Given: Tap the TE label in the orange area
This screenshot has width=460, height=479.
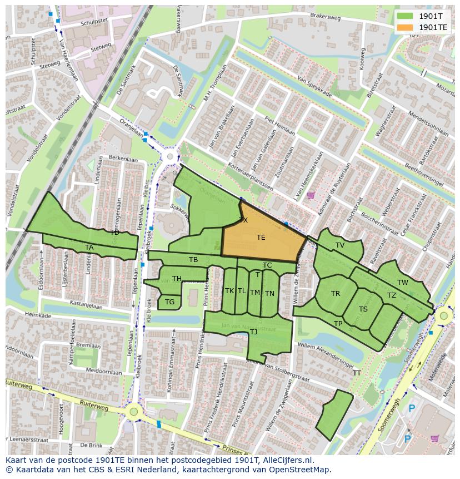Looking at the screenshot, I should coord(261,238).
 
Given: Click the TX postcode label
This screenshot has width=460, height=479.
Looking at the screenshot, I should coord(243,220).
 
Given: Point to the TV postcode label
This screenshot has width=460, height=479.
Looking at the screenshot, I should coord(340,245).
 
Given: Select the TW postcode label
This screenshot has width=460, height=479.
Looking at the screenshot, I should coord(403,283).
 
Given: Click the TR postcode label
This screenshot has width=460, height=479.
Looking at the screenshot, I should coord(336,294).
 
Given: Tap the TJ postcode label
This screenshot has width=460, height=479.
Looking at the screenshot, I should coord(253,332).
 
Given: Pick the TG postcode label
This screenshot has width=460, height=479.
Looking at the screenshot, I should coord(169,302).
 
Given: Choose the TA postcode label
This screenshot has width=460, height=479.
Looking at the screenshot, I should coord(89,248).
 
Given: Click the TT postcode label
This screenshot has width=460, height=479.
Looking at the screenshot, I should coord(357,373).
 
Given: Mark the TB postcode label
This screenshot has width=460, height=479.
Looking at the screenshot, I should coord(193,260).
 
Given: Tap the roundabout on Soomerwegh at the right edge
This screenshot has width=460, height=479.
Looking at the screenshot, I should coord(443,317).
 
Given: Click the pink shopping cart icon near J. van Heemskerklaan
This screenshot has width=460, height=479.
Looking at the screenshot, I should coord(311,195).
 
